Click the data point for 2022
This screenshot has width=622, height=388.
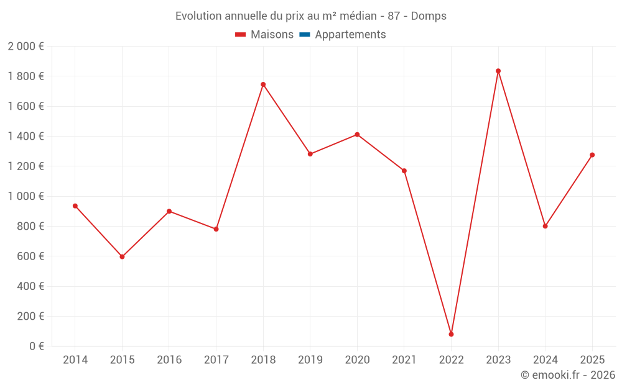tap(451, 334)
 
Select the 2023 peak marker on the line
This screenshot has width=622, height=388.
tap(498, 71)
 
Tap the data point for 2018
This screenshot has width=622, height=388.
tap(263, 84)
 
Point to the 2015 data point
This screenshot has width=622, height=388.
tap(122, 256)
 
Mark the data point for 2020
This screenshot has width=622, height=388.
tap(357, 134)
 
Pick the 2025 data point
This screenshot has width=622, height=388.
tap(592, 155)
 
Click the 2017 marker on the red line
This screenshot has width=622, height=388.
tap(216, 229)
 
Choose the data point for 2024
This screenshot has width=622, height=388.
tap(545, 226)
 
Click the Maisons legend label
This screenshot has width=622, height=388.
tap(272, 35)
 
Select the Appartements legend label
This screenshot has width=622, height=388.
tap(350, 35)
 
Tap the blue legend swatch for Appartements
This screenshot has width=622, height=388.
tap(304, 35)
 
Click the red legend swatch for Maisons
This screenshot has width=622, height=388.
tap(240, 35)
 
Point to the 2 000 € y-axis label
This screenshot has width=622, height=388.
tap(26, 47)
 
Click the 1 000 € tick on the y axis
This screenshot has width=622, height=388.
tap(26, 196)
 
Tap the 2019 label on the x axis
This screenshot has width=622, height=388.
tap(310, 360)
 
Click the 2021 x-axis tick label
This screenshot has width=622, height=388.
tap(404, 360)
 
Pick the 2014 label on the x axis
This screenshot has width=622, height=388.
tap(75, 360)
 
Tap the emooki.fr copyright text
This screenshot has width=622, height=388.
tap(567, 375)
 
